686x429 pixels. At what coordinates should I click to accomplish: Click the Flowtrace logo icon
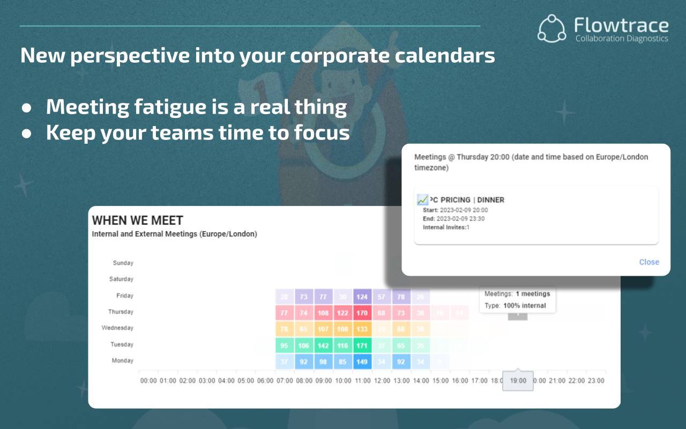pos(552,28)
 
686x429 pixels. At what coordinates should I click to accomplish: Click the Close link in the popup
pos(649,262)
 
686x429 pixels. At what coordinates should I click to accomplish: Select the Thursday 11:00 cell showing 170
pos(362,312)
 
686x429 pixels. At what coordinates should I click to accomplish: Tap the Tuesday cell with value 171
pos(362,345)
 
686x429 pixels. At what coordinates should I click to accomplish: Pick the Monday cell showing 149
pos(362,361)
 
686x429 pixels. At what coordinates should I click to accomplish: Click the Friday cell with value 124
pos(362,296)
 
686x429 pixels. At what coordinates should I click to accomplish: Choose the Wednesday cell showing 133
pos(362,328)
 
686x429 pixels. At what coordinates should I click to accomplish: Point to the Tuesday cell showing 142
pos(323,345)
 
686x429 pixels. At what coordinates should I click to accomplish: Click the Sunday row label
pos(123,263)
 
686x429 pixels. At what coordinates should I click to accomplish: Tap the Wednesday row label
pos(117,328)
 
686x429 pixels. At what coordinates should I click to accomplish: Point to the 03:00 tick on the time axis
pos(207,381)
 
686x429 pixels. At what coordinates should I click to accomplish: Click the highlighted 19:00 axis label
pos(518,381)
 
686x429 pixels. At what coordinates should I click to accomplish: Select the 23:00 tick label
pos(595,381)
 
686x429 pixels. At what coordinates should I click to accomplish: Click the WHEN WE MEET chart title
pos(137,220)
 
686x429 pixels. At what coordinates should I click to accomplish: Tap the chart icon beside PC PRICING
pos(423,200)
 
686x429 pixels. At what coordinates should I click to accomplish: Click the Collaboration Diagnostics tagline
pos(622,39)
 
